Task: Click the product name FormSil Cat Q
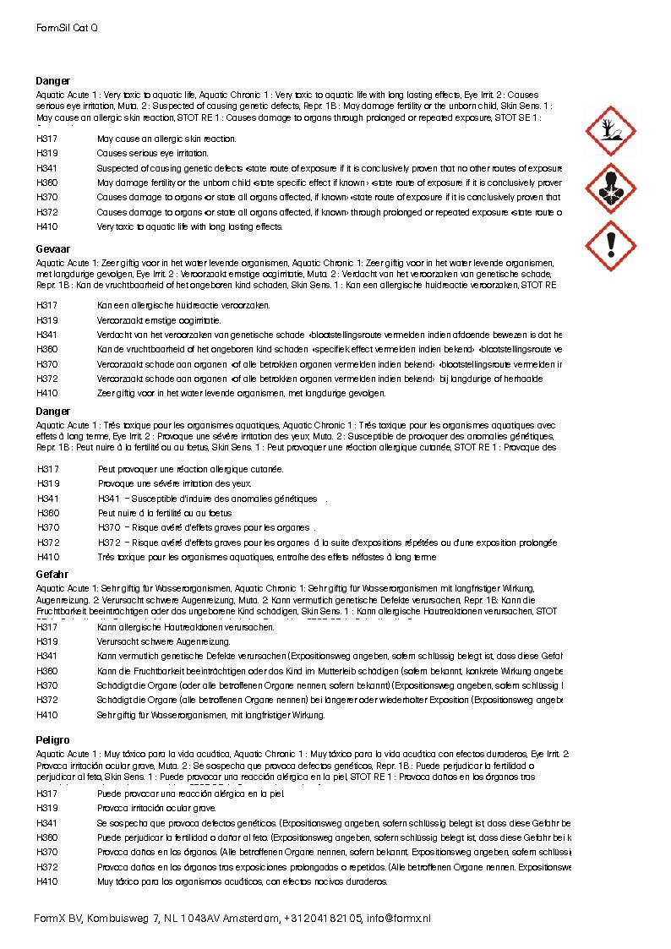(x=67, y=28)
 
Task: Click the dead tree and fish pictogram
(x=610, y=131)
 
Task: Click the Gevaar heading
(x=53, y=252)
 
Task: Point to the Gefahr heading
(x=52, y=575)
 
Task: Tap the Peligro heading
(x=53, y=739)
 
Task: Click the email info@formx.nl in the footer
(x=398, y=918)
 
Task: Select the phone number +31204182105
(x=323, y=918)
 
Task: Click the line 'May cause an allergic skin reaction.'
(x=166, y=139)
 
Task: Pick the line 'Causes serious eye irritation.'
(x=152, y=154)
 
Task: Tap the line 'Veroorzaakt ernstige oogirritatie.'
(x=159, y=320)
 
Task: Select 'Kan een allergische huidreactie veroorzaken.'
(x=183, y=304)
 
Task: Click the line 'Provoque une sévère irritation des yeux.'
(x=175, y=483)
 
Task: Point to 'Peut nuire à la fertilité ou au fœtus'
(x=165, y=513)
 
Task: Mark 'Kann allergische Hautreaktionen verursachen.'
(x=186, y=627)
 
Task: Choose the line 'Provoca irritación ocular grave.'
(x=157, y=808)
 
